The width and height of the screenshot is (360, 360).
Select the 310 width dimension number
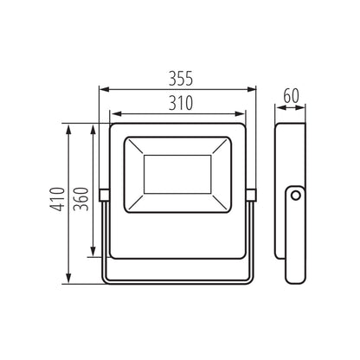click(179, 103)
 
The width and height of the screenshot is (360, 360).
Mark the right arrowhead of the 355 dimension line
click(255, 88)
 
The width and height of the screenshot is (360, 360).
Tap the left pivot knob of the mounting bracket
click(104, 196)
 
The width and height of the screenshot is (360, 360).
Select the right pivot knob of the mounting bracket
click(254, 196)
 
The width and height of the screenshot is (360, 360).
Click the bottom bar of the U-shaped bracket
click(179, 280)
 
